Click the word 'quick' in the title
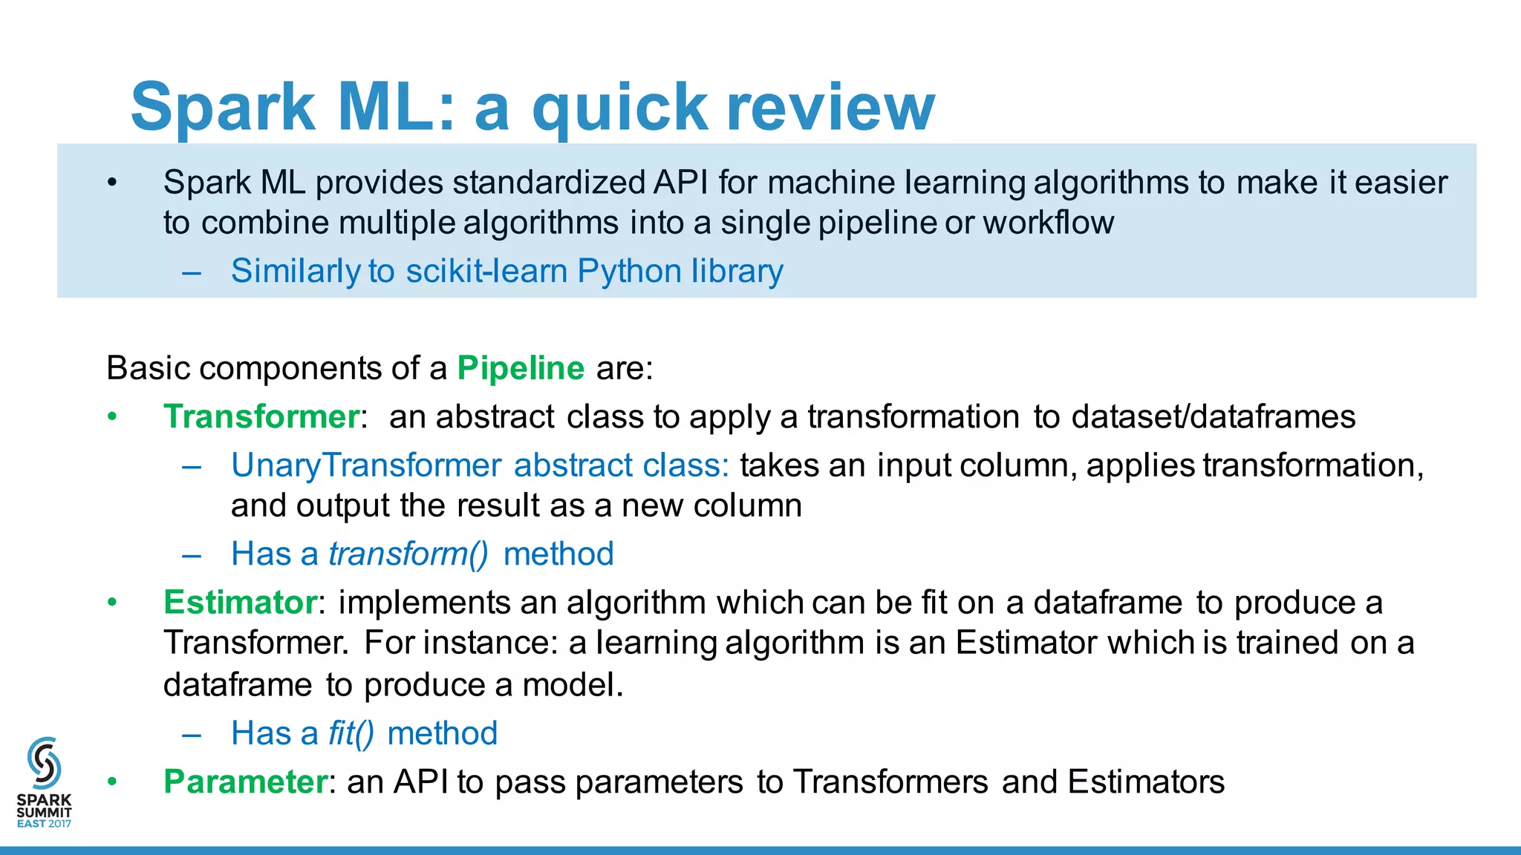(x=619, y=108)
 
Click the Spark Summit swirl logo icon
(x=44, y=762)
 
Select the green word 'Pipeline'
(x=521, y=368)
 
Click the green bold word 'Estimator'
(x=240, y=602)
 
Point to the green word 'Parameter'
(x=245, y=782)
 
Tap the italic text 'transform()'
(x=408, y=554)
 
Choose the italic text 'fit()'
(x=351, y=734)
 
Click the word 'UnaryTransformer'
(x=365, y=465)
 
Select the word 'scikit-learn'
(x=486, y=271)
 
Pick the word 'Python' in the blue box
(x=629, y=272)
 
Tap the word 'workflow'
(x=1048, y=223)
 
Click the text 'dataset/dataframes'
(x=1214, y=417)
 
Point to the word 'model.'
(x=573, y=685)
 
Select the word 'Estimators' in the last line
(x=1146, y=782)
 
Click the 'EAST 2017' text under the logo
(x=44, y=824)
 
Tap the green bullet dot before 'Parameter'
(x=112, y=782)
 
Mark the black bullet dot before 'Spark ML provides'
(x=112, y=183)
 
